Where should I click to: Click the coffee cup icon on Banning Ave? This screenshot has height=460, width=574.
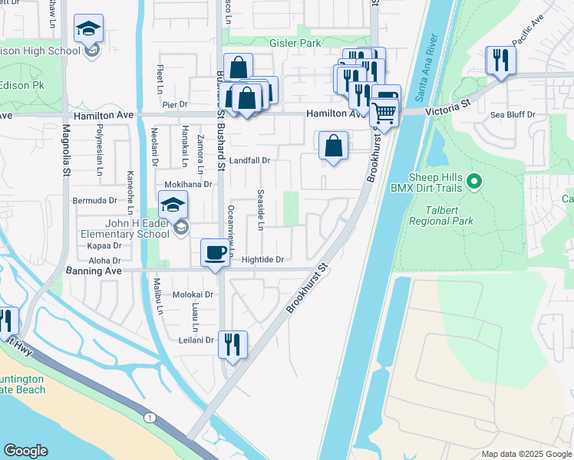(215, 252)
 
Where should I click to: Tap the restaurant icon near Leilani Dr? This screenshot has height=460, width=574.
(232, 343)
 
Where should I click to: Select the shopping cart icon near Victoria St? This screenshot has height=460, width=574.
(384, 113)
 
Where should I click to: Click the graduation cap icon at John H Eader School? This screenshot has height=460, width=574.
(173, 205)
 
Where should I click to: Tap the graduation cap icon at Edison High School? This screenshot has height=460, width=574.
(88, 29)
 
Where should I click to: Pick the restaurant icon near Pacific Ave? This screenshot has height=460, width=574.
(500, 60)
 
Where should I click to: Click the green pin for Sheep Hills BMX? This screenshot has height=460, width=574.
(474, 182)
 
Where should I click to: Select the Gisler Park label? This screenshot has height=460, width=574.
(295, 44)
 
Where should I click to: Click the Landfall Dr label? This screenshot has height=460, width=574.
(249, 161)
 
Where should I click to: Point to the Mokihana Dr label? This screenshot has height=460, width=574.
(188, 185)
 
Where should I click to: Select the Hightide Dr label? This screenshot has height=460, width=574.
(262, 260)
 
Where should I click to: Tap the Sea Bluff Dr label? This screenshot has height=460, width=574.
(513, 115)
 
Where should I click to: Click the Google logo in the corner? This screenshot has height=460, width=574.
(26, 450)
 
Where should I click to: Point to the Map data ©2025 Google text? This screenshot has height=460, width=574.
(526, 454)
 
